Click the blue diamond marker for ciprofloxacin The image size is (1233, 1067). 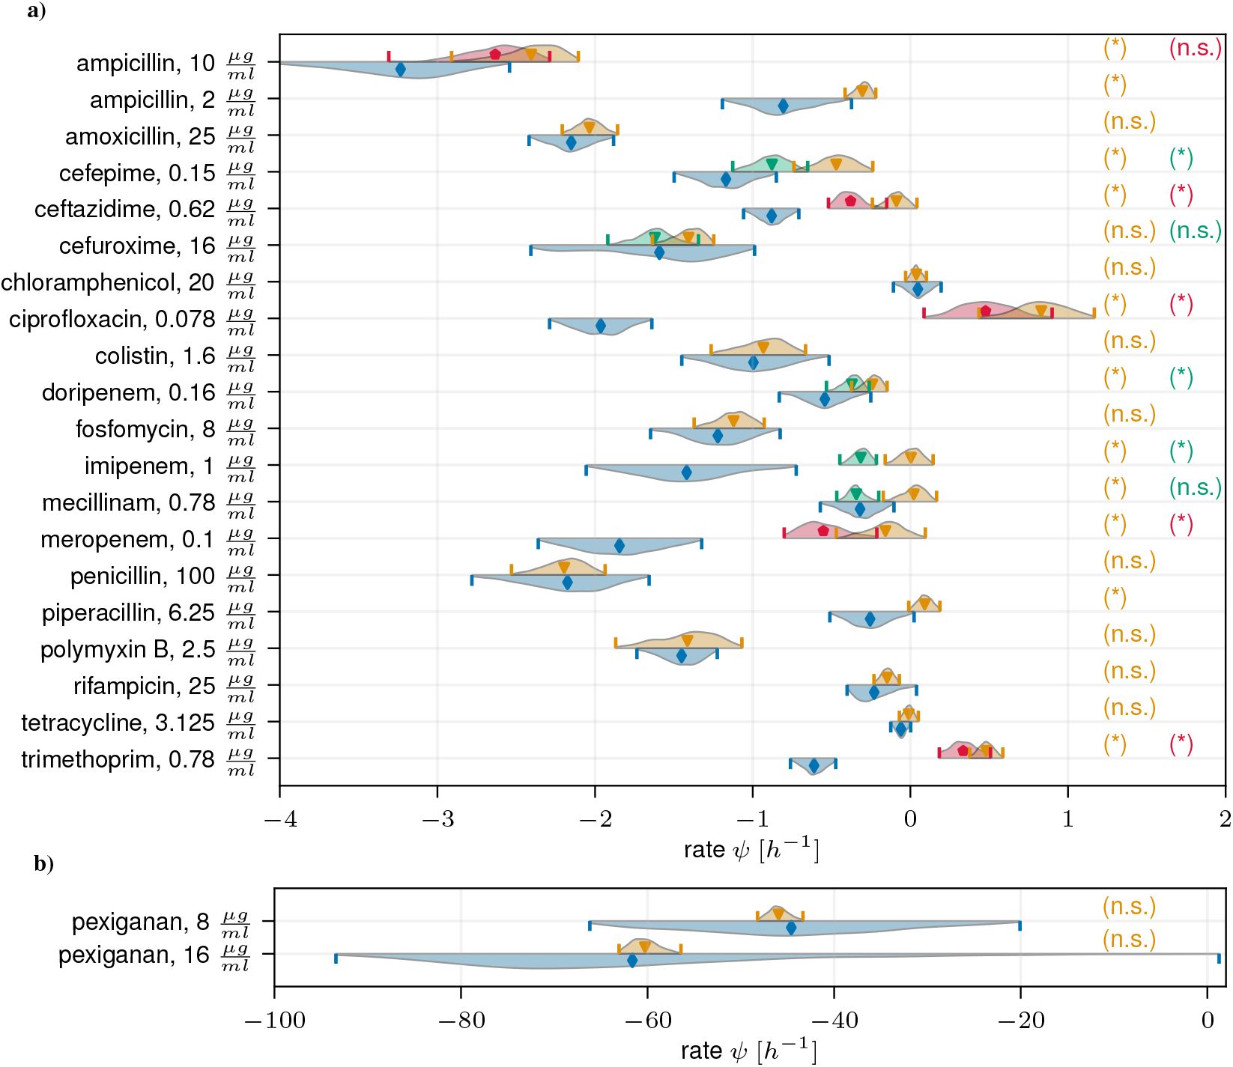point(601,326)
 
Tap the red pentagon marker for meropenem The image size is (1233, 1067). point(823,531)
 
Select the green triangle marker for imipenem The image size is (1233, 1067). point(860,457)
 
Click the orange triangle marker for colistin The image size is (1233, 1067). point(763,347)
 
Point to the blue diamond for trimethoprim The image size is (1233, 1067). point(814,766)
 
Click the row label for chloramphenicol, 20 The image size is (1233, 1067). point(128,284)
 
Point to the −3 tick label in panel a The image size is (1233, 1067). point(437,820)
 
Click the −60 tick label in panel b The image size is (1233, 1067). point(646,1021)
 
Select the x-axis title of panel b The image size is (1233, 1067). point(748,1051)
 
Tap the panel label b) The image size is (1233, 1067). point(43,864)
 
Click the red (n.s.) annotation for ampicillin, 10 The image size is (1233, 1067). point(1196,49)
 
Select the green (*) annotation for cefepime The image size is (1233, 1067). point(1181,158)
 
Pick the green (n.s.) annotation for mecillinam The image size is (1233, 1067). point(1196,488)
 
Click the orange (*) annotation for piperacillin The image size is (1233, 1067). point(1115,598)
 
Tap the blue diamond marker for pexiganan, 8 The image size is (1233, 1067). point(791,928)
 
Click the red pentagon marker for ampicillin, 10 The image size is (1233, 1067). point(495,55)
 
